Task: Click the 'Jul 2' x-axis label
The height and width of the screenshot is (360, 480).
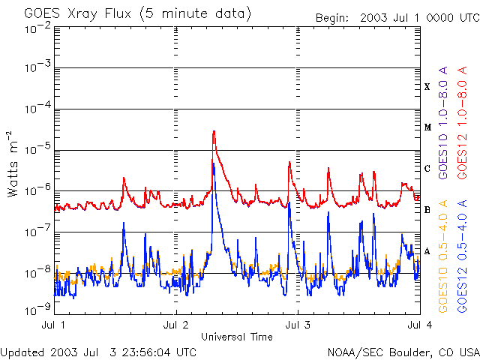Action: coord(175,325)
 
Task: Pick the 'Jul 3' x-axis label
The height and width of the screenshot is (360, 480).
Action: coord(298,325)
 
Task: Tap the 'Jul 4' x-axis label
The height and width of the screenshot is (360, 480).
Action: coord(418,325)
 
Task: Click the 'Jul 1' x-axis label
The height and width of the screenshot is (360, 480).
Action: coord(54,325)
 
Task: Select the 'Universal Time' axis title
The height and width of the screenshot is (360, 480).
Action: coord(237,337)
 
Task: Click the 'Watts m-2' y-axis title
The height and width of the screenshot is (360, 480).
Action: coord(13,163)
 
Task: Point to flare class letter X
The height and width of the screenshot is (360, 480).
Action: coord(427,87)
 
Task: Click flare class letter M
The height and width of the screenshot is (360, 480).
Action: coord(427,127)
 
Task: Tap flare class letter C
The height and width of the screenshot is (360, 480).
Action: coord(427,169)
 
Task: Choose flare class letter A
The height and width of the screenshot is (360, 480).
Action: coord(427,251)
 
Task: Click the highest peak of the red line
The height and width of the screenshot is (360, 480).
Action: coord(214,132)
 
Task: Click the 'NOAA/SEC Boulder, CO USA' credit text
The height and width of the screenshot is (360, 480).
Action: coord(403,352)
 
